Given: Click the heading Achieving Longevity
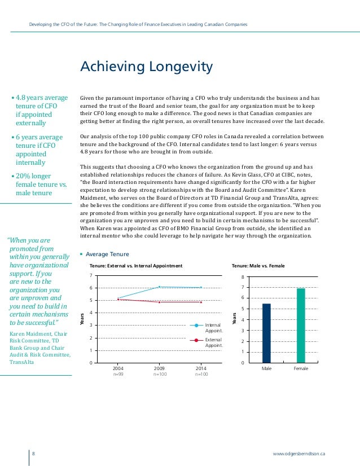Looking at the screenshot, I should tap(146, 68).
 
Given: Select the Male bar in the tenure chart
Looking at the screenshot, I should tap(266, 333).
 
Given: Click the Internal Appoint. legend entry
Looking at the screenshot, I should tap(213, 328).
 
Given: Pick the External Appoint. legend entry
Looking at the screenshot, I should tap(213, 342).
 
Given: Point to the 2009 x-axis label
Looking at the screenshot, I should tap(160, 368).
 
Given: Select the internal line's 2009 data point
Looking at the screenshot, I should tap(160, 287).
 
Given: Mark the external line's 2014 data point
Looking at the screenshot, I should tap(201, 302).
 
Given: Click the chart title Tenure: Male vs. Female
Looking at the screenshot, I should tap(258, 265).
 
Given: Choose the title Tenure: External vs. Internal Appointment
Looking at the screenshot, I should tap(136, 265).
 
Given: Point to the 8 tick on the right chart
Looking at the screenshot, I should tap(243, 278).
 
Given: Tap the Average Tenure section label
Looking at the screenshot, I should tap(107, 254).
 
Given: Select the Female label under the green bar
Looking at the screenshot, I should tap(301, 369).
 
